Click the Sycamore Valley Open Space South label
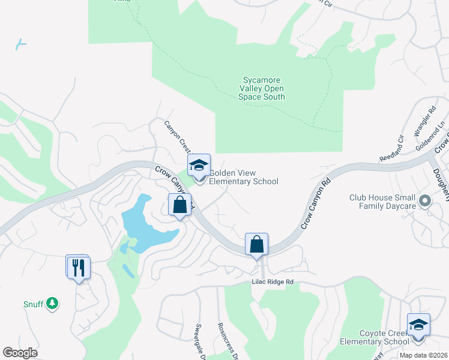click(261, 88)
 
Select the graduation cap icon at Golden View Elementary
click(199, 165)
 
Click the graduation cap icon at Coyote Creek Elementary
click(418, 325)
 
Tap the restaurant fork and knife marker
click(79, 267)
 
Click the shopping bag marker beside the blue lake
click(179, 205)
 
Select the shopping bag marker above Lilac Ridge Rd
click(256, 244)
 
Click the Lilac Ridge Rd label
click(273, 282)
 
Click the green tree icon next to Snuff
click(53, 304)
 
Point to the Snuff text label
click(34, 304)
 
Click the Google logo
click(20, 353)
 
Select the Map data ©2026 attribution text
click(424, 355)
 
